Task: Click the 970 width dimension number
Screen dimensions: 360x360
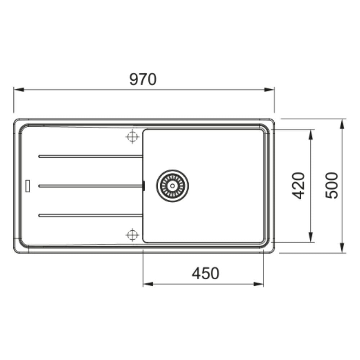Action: tap(143, 79)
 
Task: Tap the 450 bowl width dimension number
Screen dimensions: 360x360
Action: tap(206, 273)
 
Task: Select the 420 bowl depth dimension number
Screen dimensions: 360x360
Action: tap(298, 185)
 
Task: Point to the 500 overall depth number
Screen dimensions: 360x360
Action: tap(332, 185)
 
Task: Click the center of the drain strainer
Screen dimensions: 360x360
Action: tap(172, 185)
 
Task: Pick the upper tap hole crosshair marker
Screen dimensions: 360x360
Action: tap(132, 137)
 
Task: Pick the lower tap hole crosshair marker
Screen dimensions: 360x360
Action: tap(132, 235)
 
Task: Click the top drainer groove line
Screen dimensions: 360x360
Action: tap(90, 156)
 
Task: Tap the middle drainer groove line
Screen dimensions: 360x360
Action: tap(90, 185)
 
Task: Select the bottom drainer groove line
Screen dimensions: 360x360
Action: tap(90, 215)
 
